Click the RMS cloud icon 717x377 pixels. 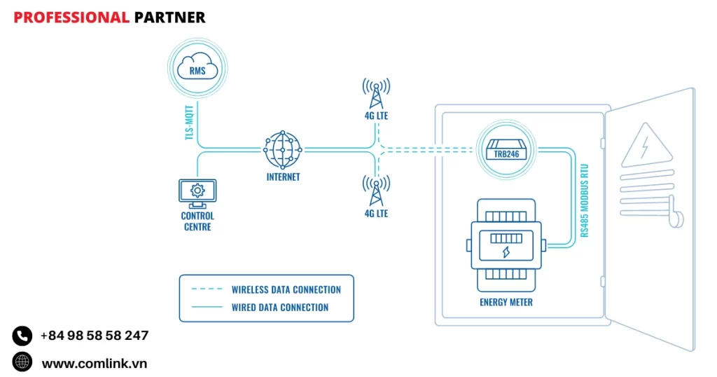[197, 69]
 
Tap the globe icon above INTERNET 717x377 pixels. [283, 149]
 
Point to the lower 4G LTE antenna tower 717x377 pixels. [376, 191]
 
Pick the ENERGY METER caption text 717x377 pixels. [506, 303]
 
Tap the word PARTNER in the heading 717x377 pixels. [169, 18]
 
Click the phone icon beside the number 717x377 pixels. [22, 336]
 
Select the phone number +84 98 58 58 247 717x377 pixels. [95, 336]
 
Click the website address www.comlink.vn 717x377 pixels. [95, 363]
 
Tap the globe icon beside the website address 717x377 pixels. [22, 362]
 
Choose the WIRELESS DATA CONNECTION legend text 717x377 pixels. [286, 289]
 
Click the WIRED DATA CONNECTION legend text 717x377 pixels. [280, 307]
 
